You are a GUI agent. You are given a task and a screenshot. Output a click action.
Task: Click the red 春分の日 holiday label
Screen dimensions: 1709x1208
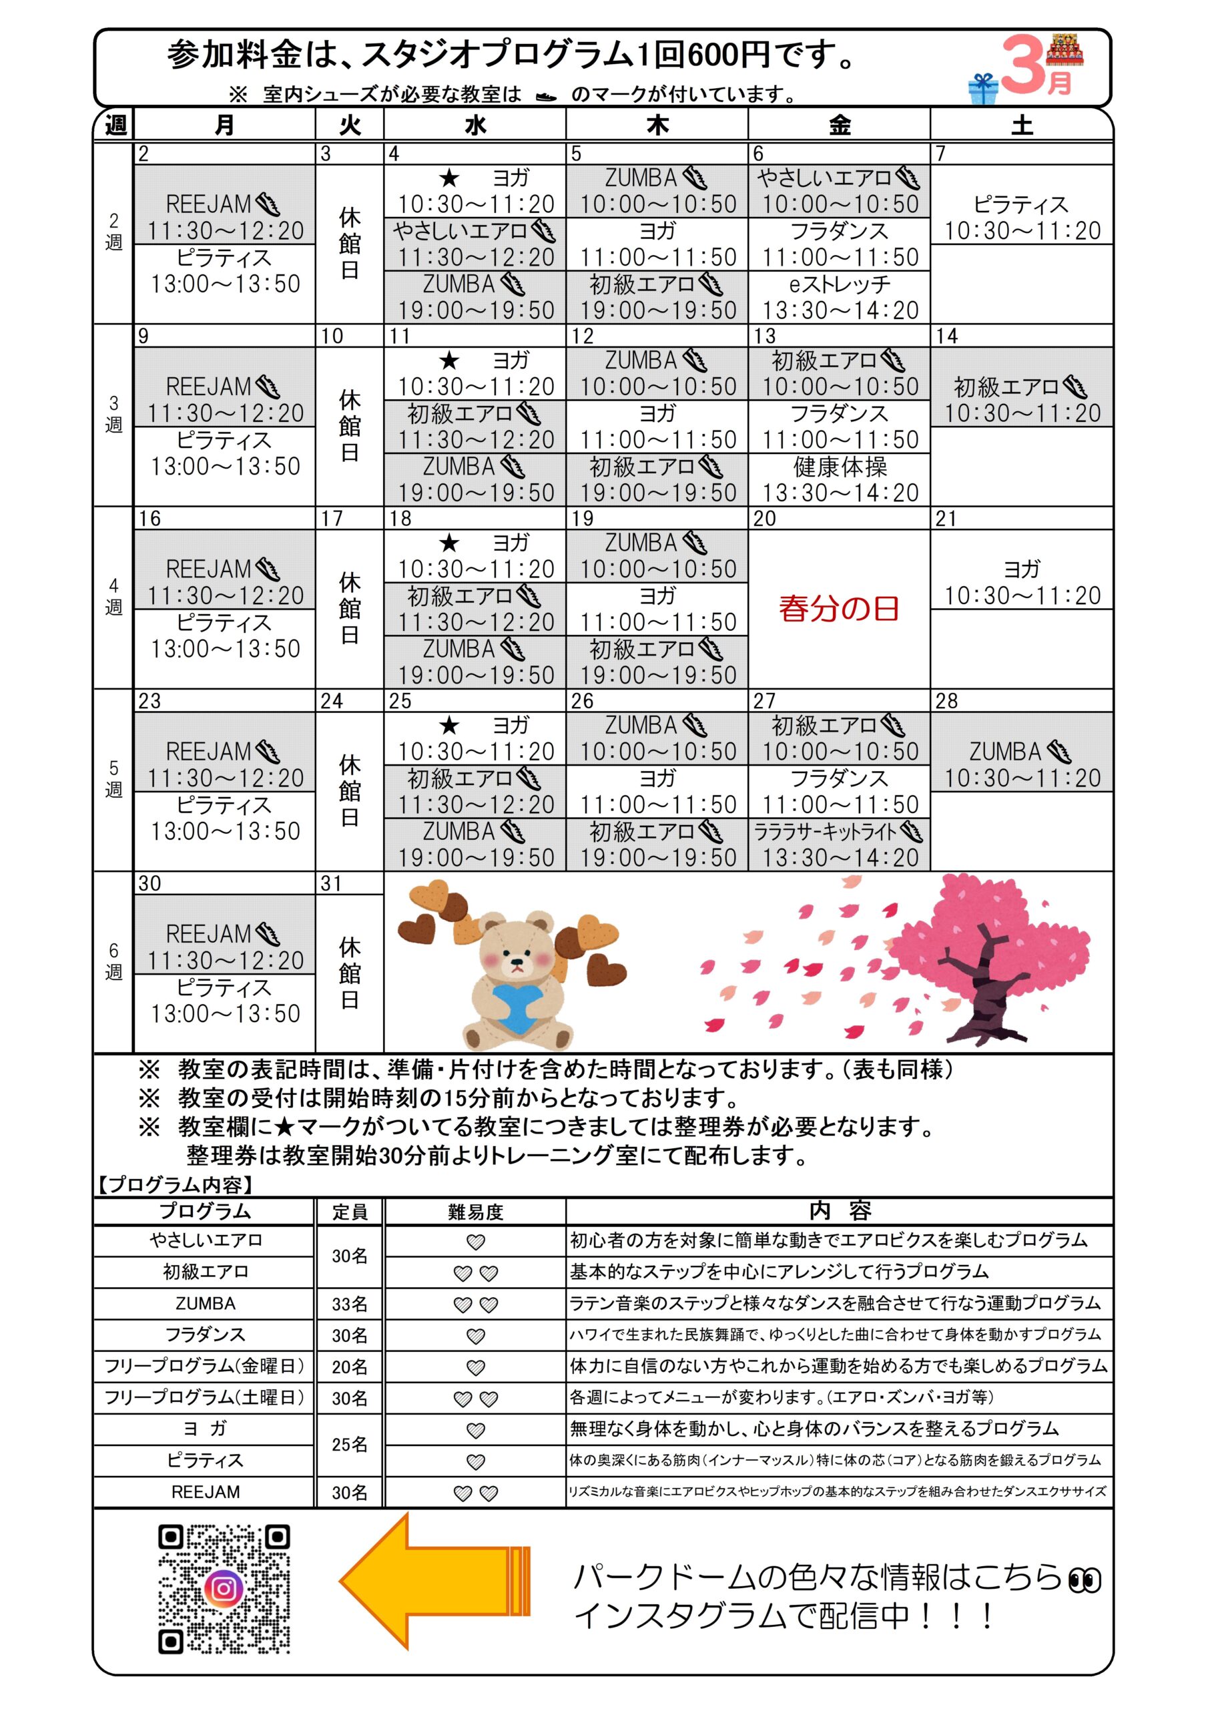click(x=839, y=608)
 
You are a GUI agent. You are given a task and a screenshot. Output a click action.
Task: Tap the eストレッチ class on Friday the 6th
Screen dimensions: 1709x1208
click(x=839, y=297)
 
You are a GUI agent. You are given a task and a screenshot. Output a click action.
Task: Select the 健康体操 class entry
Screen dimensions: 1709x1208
click(x=839, y=479)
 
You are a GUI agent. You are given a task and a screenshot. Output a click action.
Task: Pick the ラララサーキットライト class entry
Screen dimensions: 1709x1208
click(x=839, y=844)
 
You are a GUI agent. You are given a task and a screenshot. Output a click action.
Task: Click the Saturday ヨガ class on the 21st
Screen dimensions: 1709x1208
click(x=1021, y=582)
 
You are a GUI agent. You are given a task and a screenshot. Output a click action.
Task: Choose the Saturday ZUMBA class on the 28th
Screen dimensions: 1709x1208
click(x=1021, y=764)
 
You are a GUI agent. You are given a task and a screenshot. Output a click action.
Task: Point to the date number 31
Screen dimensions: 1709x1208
click(x=331, y=883)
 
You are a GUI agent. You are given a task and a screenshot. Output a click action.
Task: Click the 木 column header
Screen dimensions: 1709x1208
click(x=657, y=125)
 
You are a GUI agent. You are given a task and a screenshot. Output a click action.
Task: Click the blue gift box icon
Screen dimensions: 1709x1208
click(x=982, y=89)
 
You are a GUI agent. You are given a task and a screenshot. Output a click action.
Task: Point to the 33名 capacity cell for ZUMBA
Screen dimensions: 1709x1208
click(x=350, y=1304)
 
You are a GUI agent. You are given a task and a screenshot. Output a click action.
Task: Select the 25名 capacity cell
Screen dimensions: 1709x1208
click(x=350, y=1444)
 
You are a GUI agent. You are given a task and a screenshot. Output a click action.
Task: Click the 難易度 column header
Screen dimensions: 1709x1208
click(x=475, y=1212)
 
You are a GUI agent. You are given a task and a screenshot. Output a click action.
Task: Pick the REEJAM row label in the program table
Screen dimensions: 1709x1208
click(x=206, y=1493)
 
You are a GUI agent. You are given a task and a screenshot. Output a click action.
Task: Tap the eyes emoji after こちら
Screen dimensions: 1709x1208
click(x=1084, y=1579)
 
